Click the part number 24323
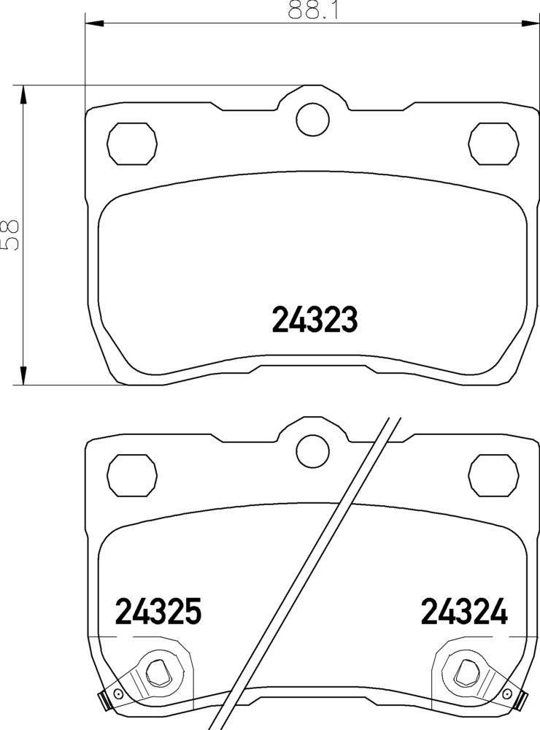315,320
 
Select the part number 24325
158,611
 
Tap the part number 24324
464,611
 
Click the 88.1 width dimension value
312,9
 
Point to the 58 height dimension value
9,234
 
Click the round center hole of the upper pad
312,120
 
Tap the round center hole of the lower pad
312,451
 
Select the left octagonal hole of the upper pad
132,143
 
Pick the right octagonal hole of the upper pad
493,143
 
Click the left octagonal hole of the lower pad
132,475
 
